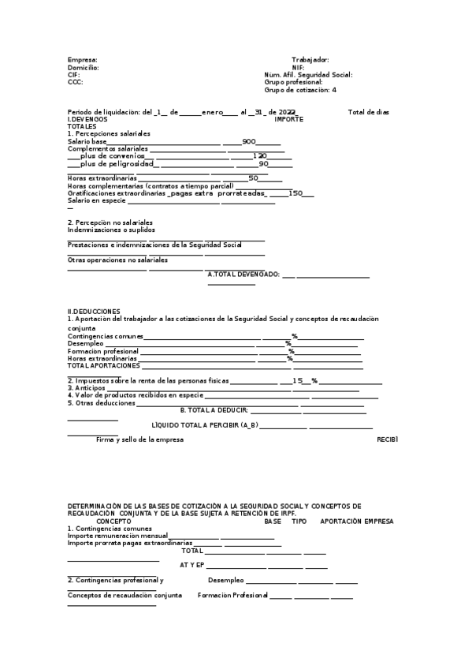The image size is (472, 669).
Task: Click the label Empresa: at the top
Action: coord(83,60)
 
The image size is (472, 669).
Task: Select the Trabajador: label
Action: coord(310,60)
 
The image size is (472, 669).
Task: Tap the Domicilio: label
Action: coord(84,68)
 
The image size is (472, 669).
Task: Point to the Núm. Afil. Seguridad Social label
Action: coord(308,75)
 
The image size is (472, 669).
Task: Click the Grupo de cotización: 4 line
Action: coord(300,90)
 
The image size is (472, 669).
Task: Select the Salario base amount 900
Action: coord(249,141)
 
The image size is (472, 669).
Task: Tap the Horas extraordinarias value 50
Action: coord(254,178)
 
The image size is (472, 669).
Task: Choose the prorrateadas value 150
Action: coord(295,193)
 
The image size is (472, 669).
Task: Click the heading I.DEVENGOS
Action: coord(87,119)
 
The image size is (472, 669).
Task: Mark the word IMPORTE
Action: coord(288,119)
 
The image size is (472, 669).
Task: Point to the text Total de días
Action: coord(369,112)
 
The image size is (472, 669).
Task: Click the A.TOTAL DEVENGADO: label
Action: coord(243,275)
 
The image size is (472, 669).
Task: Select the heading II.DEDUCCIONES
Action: coord(94,312)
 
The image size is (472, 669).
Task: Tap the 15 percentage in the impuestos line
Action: coord(298,380)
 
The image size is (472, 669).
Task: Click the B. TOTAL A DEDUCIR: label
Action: coord(214,410)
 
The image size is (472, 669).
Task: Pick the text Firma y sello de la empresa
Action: coord(139,439)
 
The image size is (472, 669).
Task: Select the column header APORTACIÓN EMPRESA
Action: coord(357,521)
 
